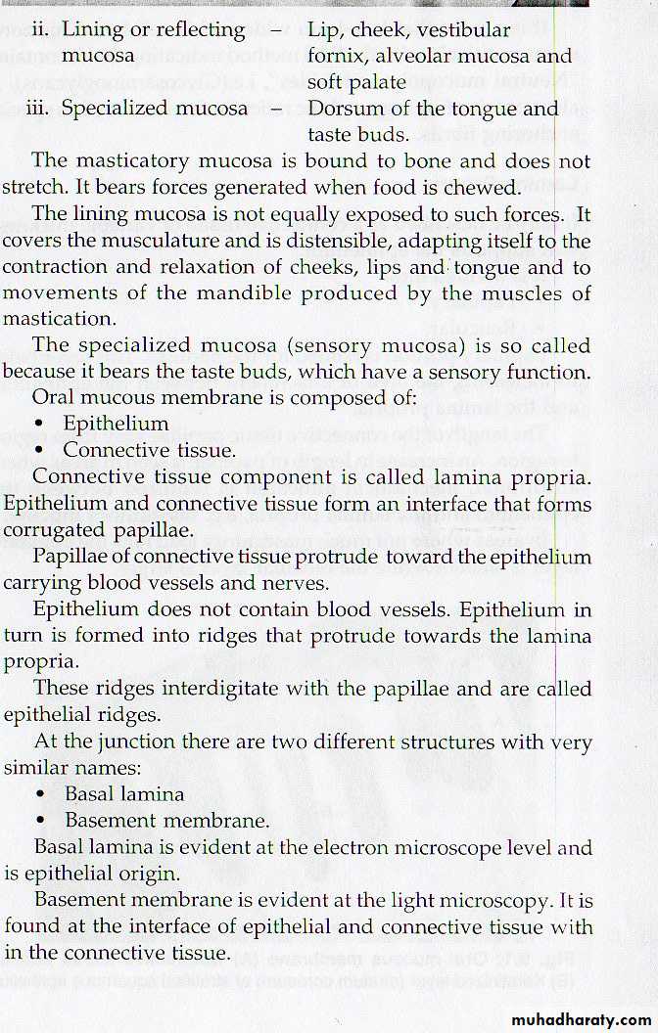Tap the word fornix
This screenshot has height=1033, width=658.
[338, 57]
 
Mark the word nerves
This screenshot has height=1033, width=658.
[292, 583]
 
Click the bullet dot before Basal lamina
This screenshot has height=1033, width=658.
[41, 794]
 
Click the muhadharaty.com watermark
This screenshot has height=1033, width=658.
[579, 1019]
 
